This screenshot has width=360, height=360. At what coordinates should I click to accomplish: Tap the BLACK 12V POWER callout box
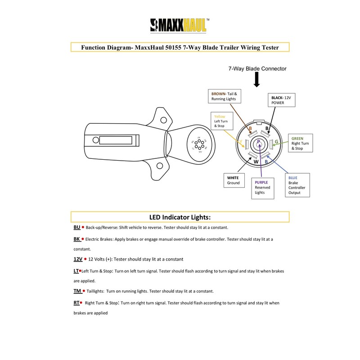click(282, 99)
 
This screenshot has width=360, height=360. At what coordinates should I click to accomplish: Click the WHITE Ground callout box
click(236, 180)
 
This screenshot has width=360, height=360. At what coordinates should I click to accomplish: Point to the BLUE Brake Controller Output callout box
click(299, 185)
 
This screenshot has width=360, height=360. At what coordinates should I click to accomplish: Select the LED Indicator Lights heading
click(180, 216)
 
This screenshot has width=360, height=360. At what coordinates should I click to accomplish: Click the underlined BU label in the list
click(76, 228)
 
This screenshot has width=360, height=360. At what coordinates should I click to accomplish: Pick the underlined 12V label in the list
click(78, 259)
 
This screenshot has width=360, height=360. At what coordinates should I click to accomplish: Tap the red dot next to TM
click(84, 291)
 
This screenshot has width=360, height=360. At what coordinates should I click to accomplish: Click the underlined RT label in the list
click(76, 303)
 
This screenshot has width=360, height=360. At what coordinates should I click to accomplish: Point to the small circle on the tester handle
click(95, 140)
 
